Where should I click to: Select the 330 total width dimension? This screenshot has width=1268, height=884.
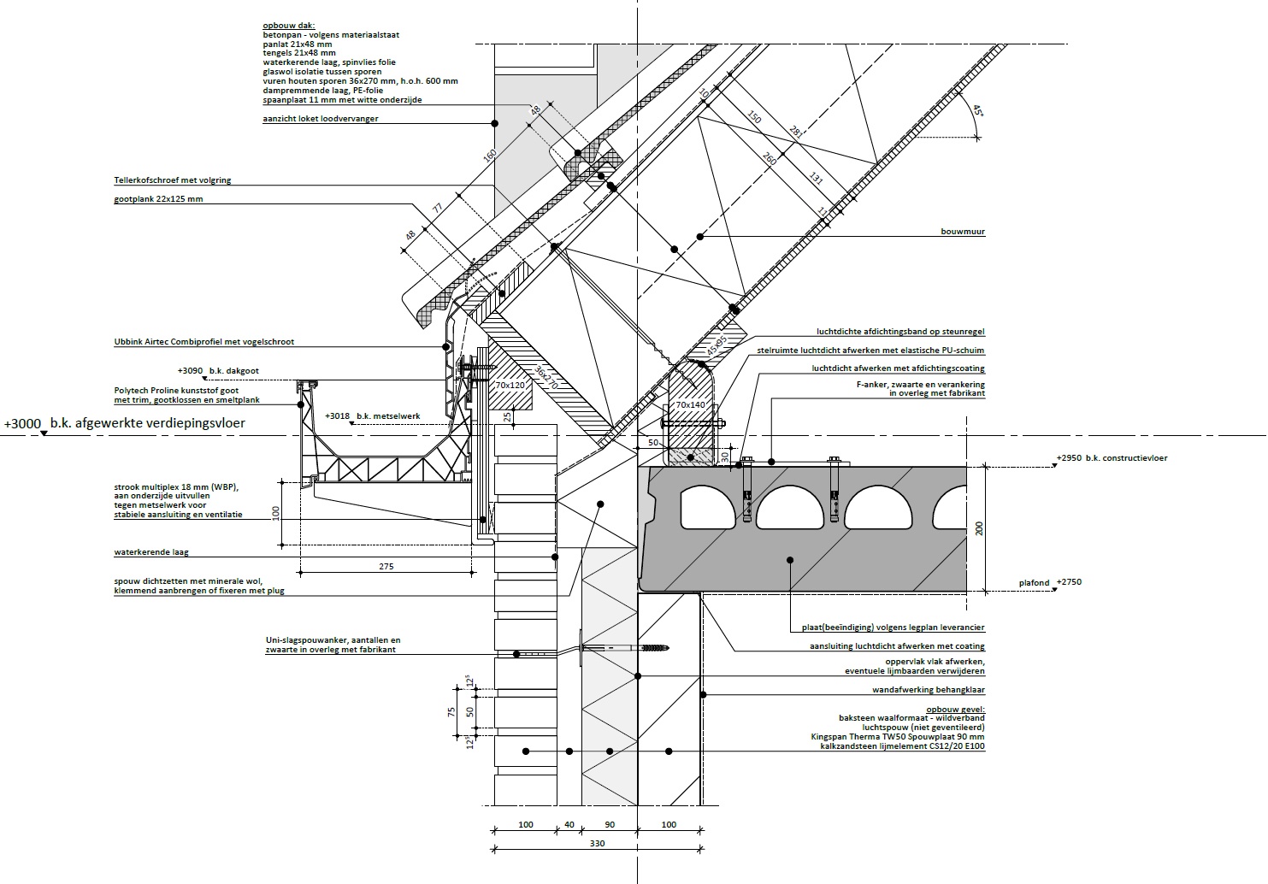(x=597, y=844)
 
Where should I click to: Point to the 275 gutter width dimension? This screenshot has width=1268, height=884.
(x=385, y=567)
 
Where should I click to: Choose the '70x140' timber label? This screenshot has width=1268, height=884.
(x=691, y=404)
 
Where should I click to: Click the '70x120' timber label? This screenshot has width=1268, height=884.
(x=510, y=386)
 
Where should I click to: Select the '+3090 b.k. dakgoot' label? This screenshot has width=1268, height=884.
(x=218, y=371)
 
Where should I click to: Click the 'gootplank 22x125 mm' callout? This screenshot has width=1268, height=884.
(x=158, y=199)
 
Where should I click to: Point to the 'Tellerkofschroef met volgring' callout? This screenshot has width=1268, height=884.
(x=173, y=180)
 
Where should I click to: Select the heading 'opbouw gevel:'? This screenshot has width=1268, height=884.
(x=955, y=710)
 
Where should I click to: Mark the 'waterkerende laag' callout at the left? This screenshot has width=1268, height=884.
(x=150, y=553)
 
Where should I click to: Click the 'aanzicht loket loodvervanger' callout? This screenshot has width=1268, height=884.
(x=320, y=119)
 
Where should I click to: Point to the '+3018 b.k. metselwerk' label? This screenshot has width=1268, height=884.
(x=373, y=415)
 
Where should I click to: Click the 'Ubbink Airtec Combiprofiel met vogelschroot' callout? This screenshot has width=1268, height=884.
(x=203, y=342)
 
